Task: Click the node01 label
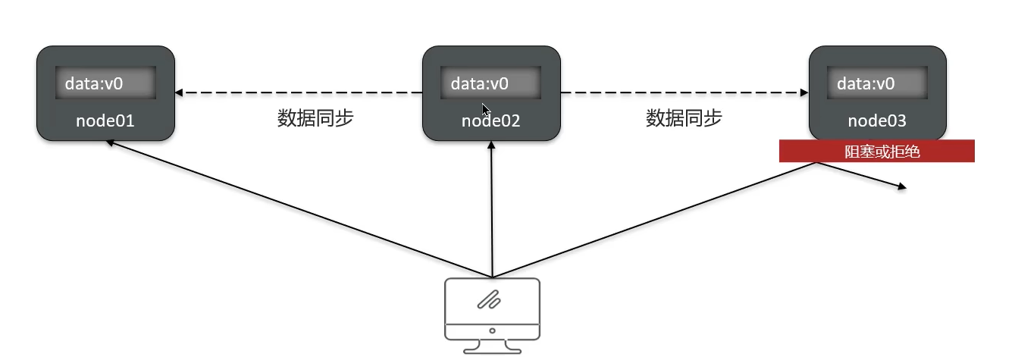(x=105, y=121)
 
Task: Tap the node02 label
(x=490, y=121)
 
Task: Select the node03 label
(x=877, y=121)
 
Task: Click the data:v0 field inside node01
(x=105, y=83)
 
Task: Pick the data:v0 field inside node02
(x=490, y=83)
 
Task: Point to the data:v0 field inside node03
(x=877, y=83)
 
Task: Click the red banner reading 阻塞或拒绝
(x=877, y=152)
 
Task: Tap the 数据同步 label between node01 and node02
(x=315, y=118)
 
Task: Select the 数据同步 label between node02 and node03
(x=684, y=118)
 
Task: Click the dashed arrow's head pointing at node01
(x=180, y=93)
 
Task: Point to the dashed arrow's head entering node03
(x=804, y=93)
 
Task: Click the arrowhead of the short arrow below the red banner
(x=901, y=186)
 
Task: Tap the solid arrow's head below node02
(x=492, y=146)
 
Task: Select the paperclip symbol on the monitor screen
(x=490, y=299)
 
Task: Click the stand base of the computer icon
(x=492, y=349)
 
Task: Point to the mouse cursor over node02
(x=485, y=109)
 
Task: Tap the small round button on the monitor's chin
(x=492, y=330)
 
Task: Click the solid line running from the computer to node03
(x=652, y=220)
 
